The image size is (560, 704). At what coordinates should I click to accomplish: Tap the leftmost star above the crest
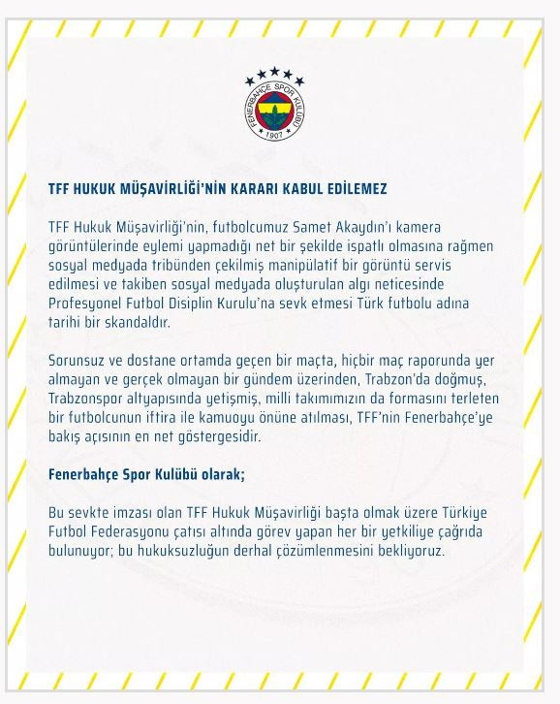tap(251, 80)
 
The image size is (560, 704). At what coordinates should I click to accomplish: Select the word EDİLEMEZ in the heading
tap(352, 188)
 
